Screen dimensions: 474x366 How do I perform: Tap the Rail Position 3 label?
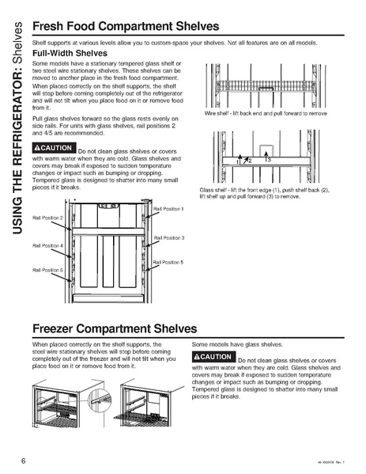pyautogui.click(x=168, y=237)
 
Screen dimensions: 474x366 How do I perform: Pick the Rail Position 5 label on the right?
pyautogui.click(x=168, y=262)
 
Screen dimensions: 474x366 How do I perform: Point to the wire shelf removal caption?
pyautogui.click(x=260, y=114)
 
